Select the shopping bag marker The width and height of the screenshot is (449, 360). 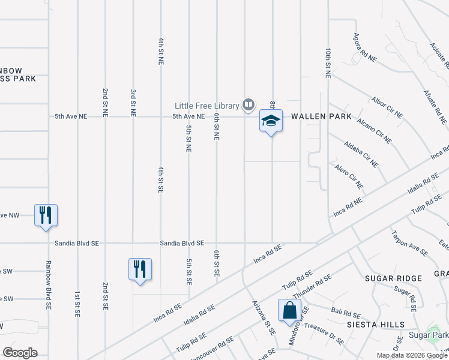point(289,310)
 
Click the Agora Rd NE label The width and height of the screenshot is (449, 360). point(365,48)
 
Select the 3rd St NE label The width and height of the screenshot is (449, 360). point(133,103)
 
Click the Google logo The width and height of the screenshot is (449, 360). point(20,353)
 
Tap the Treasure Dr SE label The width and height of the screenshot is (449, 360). point(324,334)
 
